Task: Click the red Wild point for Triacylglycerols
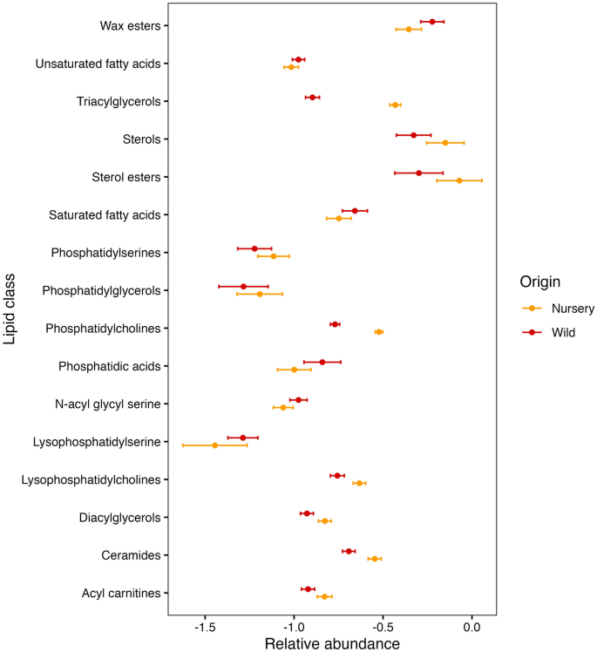312,98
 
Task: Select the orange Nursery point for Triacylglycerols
395,105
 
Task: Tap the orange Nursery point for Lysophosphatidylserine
214,445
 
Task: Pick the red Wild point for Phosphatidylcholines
335,324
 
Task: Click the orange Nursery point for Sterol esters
459,180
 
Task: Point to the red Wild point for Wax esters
432,22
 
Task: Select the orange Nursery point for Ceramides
375,558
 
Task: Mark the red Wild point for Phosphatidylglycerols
243,286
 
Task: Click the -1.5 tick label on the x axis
205,627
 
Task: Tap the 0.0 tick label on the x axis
471,627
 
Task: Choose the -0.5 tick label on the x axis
383,627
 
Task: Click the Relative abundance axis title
331,643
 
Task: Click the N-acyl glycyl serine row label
107,404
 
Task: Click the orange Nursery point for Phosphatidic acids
294,370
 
